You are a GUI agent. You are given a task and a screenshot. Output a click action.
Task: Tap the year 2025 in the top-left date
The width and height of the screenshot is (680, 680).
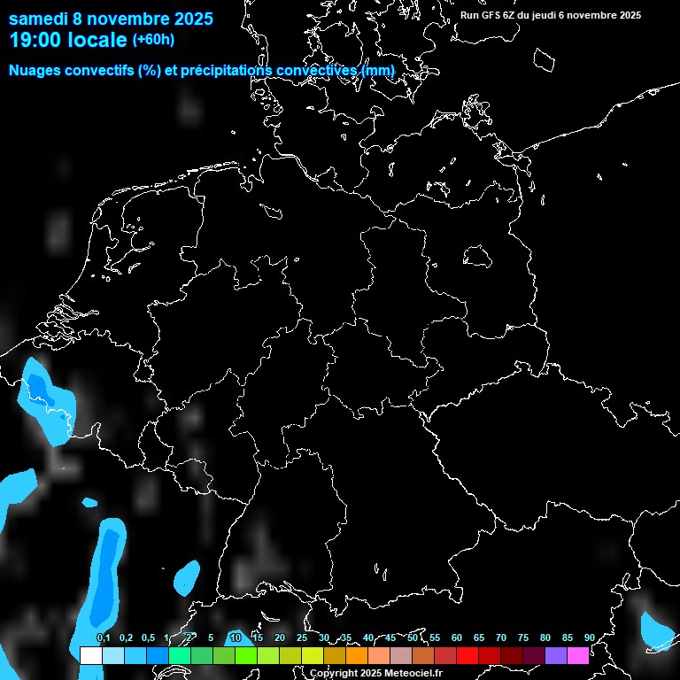tap(187, 19)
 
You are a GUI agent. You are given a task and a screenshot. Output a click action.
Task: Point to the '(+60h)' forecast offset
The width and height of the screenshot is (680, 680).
tap(153, 39)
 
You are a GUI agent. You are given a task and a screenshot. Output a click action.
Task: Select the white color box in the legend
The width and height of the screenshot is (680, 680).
tap(90, 655)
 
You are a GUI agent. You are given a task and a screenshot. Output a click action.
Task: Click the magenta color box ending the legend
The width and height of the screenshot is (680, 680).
tap(577, 655)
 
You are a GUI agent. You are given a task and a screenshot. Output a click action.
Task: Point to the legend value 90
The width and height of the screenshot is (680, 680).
tap(589, 637)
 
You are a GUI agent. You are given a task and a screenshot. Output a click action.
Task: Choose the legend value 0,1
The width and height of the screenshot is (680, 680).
tap(104, 637)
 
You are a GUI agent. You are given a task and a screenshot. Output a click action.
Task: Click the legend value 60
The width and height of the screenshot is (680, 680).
tap(456, 637)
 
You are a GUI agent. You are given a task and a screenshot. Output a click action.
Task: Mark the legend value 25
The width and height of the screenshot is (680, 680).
tap(301, 637)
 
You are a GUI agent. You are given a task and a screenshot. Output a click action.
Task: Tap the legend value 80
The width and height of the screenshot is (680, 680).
tap(545, 637)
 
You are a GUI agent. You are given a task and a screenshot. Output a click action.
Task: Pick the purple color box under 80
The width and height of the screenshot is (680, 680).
tap(555, 655)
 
